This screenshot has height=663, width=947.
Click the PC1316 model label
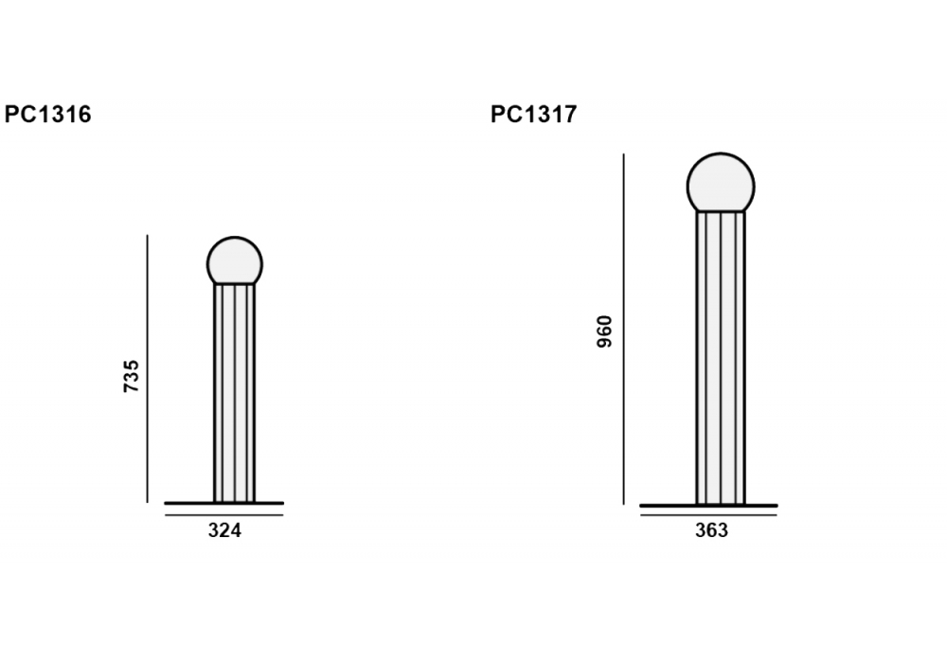coord(47,114)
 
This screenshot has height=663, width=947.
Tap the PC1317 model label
coord(534,114)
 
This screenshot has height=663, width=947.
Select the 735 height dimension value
coord(131,376)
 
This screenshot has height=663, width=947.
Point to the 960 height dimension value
coord(604,331)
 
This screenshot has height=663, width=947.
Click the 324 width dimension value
coord(224,530)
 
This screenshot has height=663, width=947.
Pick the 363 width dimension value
coord(711,530)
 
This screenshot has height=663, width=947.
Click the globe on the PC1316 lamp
coord(235,260)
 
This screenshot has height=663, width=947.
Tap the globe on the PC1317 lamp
coord(721,183)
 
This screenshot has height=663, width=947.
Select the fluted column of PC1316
coord(234,393)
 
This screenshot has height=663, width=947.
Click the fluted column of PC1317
coord(721,358)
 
